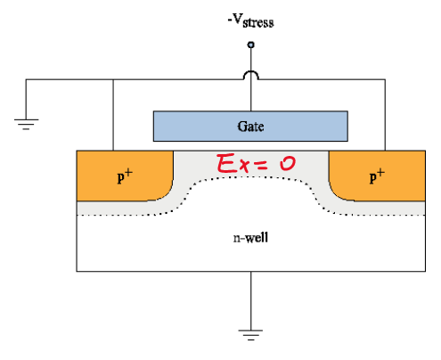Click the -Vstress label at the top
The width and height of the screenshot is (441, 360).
point(250,20)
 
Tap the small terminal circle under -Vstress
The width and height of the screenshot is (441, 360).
point(251,45)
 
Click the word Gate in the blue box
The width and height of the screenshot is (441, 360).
point(250,127)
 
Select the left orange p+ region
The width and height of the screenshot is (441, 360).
point(125,176)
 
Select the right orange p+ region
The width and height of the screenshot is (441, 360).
point(377,176)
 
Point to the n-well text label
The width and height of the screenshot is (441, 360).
point(250,238)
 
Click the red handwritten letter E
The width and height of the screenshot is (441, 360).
point(227,163)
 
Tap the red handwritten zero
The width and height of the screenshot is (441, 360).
point(288,163)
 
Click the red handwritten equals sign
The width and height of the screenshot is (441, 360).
point(262,164)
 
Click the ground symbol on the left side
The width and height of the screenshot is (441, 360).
point(26,124)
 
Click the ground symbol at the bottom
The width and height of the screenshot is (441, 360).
point(250,335)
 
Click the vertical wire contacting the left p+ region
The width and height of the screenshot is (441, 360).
point(113,115)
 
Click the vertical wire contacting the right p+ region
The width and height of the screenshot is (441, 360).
point(385,115)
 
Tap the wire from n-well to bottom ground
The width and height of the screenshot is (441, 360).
point(251,300)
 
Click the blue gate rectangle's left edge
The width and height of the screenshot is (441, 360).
point(153,127)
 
